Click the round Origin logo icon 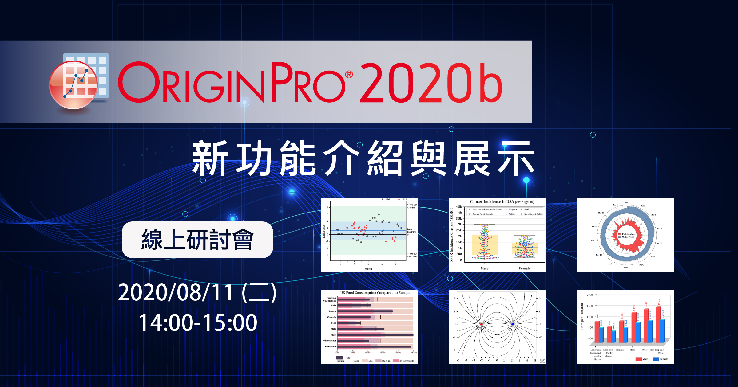coord(74,84)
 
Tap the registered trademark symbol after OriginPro coord(349,75)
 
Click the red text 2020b coord(430,83)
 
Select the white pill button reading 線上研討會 coord(197,240)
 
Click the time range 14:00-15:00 coord(198,323)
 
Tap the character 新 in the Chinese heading coord(210,158)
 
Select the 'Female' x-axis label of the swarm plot coord(525,268)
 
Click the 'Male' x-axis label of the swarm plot coord(485,268)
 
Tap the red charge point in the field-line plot coord(481,324)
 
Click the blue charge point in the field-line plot coord(513,324)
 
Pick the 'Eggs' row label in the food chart coord(333,335)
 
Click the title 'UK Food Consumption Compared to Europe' coord(375,293)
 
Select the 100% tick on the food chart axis coord(413,352)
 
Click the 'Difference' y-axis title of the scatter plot coord(323,231)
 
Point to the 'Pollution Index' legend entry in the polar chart coord(629,234)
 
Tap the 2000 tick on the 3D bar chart coord(589,295)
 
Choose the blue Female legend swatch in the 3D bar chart coord(656,359)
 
